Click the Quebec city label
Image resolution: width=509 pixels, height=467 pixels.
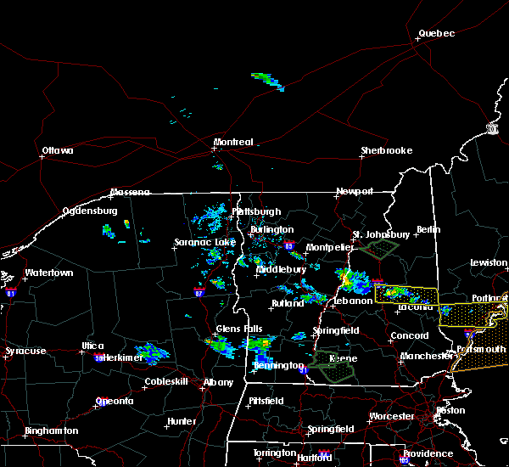[436, 34]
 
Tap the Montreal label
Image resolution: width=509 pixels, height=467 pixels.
[233, 142]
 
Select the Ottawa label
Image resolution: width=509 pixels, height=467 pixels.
[57, 152]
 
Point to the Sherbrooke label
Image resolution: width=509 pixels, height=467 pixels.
[386, 151]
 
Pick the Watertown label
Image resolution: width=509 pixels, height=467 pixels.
[49, 273]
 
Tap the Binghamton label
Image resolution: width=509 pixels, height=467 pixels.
[51, 431]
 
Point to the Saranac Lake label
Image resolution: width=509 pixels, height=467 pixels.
[204, 243]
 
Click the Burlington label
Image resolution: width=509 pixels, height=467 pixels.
[271, 230]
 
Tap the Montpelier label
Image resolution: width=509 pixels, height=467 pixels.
[329, 247]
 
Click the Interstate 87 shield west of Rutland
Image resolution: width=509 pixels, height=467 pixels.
[199, 291]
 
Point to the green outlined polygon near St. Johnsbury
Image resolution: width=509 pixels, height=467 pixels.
[379, 248]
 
